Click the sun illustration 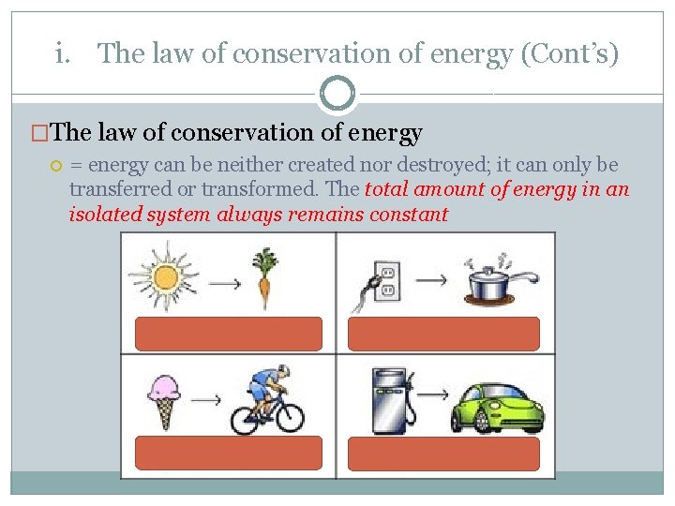(164, 276)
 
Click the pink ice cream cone (163, 397)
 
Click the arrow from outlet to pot (431, 278)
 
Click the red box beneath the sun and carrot (230, 334)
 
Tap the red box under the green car (444, 454)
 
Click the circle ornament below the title (337, 94)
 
